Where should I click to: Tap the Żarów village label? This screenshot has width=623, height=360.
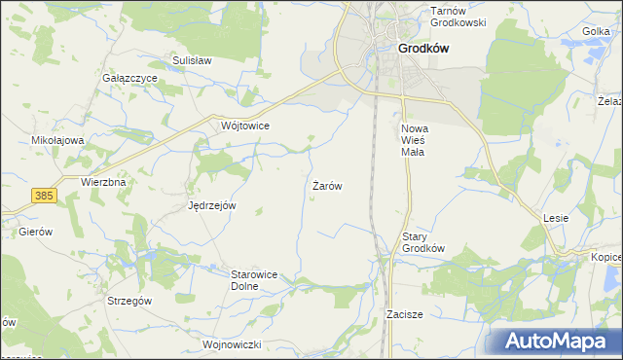click(326, 185)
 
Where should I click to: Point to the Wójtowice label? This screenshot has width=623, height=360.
click(244, 126)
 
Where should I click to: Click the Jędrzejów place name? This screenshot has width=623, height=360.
click(212, 205)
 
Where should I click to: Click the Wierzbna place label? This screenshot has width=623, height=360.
click(104, 182)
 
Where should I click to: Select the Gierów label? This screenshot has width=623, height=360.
click(35, 233)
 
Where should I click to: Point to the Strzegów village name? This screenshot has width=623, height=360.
click(129, 302)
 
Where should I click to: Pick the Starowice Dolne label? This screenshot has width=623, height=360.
click(255, 280)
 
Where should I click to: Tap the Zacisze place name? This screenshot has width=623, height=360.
click(404, 315)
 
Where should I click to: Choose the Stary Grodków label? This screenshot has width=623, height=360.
click(423, 241)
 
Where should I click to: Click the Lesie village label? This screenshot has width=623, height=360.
click(556, 218)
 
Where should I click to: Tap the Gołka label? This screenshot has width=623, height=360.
click(595, 32)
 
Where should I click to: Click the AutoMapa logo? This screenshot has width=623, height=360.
click(560, 342)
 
